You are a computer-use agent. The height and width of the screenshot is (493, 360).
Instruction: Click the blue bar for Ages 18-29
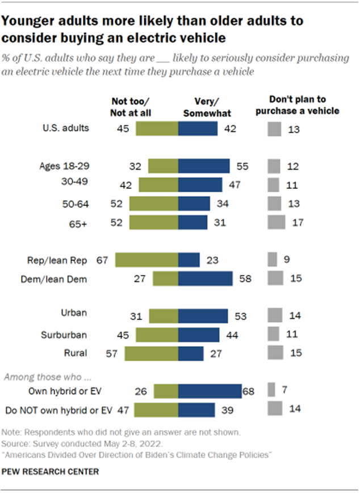(204, 166)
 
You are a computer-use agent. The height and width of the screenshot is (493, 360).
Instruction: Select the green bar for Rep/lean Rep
(146, 260)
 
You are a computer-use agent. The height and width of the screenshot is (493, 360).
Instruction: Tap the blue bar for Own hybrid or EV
(210, 391)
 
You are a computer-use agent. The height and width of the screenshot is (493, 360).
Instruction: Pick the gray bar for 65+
(277, 222)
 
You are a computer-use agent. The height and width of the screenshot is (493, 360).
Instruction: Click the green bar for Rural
(151, 353)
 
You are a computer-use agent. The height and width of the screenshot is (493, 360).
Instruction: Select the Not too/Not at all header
(135, 106)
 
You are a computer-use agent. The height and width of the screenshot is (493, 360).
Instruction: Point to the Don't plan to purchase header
(297, 106)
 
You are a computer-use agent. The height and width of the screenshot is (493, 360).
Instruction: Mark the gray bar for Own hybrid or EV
(271, 391)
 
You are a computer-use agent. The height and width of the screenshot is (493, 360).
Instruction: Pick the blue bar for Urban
(203, 316)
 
